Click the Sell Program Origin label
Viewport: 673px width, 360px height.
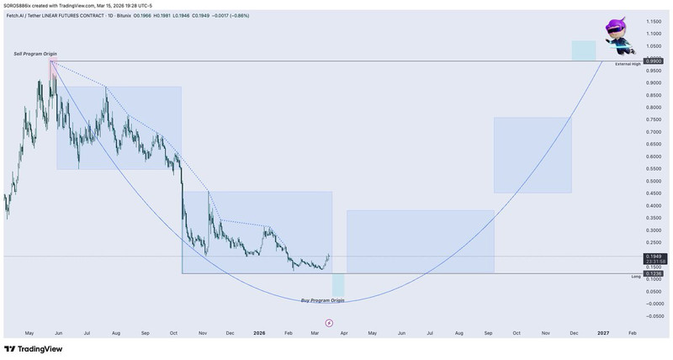[x=35, y=54]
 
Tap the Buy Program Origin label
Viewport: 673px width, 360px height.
[x=323, y=299]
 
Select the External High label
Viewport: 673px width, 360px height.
[x=628, y=65]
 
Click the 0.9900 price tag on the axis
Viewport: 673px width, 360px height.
[x=652, y=61]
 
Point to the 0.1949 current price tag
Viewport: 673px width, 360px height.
[x=653, y=255]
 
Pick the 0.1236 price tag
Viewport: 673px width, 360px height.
[x=653, y=274]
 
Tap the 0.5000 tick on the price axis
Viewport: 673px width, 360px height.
[x=653, y=181]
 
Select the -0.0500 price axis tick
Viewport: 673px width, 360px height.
[x=653, y=316]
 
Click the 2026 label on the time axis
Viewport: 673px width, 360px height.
[x=259, y=333]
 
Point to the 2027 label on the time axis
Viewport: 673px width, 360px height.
[x=603, y=333]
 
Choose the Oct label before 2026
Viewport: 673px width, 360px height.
[x=173, y=333]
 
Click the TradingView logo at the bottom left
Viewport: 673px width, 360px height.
[x=34, y=349]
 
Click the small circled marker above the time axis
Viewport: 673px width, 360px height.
[x=329, y=321]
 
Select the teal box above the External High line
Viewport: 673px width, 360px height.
[x=584, y=50]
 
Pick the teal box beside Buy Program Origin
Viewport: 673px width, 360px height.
[x=338, y=284]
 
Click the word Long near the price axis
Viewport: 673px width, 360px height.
[x=636, y=276]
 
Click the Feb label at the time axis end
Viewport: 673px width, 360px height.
[x=633, y=333]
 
